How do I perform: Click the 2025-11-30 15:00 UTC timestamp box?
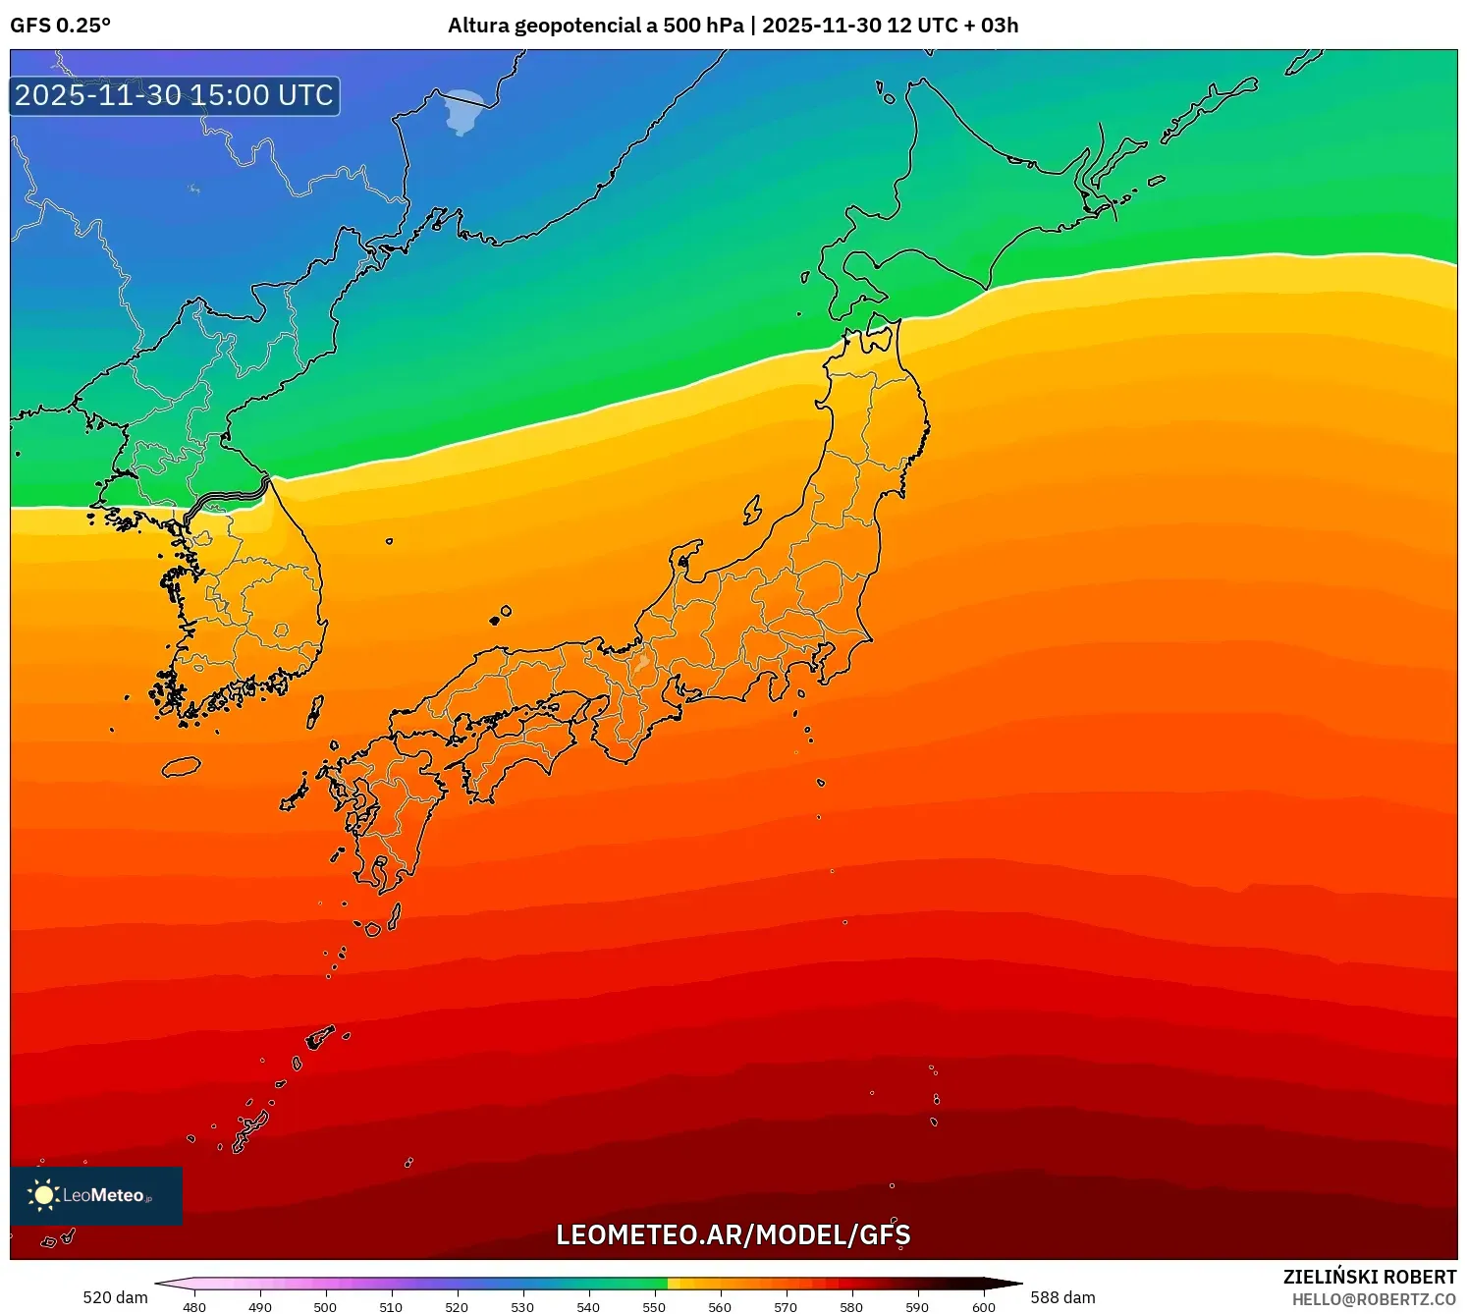pyautogui.click(x=175, y=96)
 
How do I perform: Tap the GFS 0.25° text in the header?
pyautogui.click(x=60, y=26)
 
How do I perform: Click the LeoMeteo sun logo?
pyautogui.click(x=43, y=1194)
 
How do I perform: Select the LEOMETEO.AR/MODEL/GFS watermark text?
pyautogui.click(x=733, y=1234)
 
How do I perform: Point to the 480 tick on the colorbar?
pyautogui.click(x=194, y=1306)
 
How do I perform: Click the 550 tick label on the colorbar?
pyautogui.click(x=654, y=1306)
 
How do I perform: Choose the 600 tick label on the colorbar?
pyautogui.click(x=983, y=1306)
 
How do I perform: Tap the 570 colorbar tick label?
pyautogui.click(x=786, y=1306)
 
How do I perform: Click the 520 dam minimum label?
pyautogui.click(x=115, y=1297)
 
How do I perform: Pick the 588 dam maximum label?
pyautogui.click(x=1062, y=1297)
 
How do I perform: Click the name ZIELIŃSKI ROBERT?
pyautogui.click(x=1369, y=1277)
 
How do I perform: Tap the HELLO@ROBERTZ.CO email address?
pyautogui.click(x=1374, y=1299)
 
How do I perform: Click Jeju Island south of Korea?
pyautogui.click(x=181, y=766)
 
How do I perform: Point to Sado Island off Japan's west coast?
pyautogui.click(x=752, y=510)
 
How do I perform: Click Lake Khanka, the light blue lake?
pyautogui.click(x=463, y=110)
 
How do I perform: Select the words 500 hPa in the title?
pyautogui.click(x=703, y=26)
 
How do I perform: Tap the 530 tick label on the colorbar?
pyautogui.click(x=522, y=1306)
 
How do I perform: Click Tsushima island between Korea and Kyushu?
pyautogui.click(x=315, y=711)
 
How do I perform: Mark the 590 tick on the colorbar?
pyautogui.click(x=917, y=1306)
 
